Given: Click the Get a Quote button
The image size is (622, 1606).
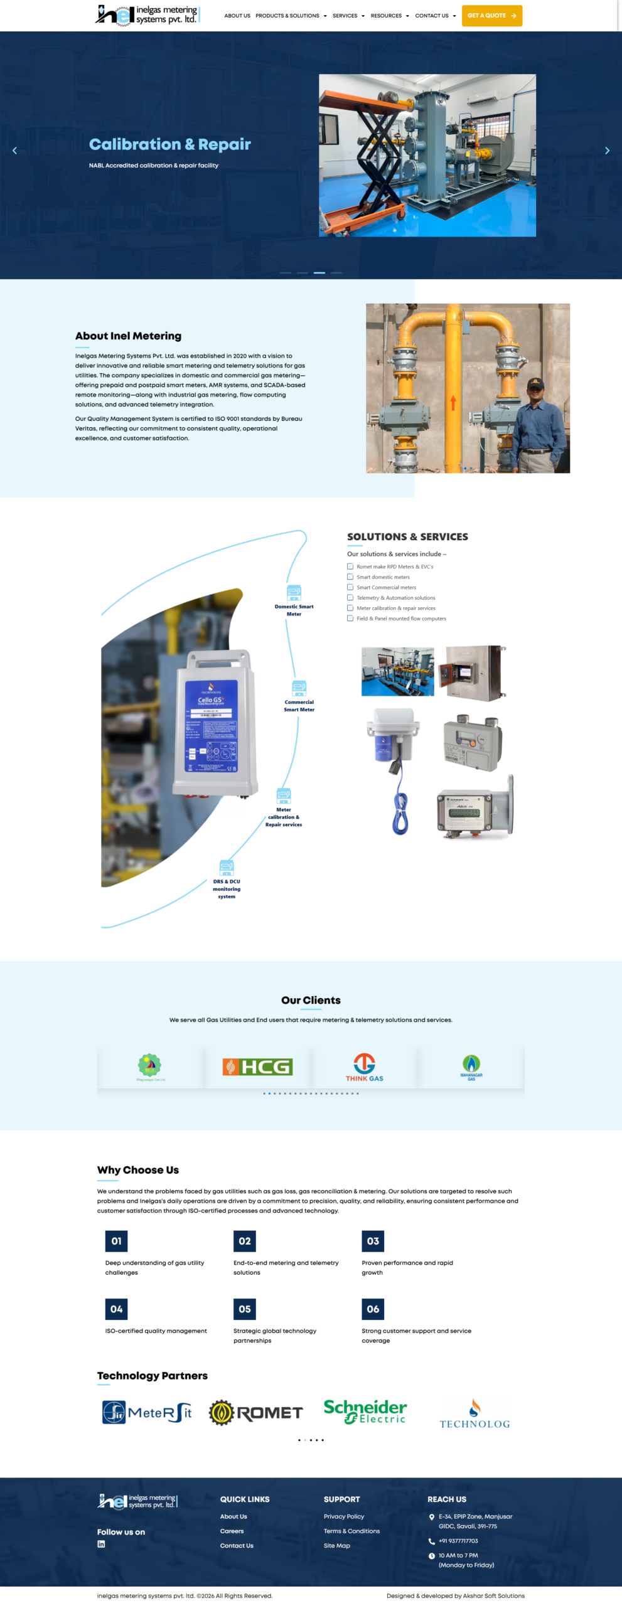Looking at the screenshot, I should pos(491,16).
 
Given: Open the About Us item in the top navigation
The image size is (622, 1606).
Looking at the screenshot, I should pos(237,16).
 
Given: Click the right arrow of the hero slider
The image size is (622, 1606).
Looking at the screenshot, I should pos(607,151).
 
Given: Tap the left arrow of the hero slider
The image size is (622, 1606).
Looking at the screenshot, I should pos(14,151).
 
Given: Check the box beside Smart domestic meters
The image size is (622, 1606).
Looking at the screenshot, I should pos(350,577).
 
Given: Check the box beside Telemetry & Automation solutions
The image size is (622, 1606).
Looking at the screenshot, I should pos(350,597).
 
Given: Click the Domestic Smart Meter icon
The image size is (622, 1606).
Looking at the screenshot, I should pos(294,592).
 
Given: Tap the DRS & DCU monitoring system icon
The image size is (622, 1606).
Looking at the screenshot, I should pos(227,868).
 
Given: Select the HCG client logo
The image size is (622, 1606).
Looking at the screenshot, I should pos(257,1066).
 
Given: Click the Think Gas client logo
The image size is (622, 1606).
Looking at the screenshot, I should pos(364,1066).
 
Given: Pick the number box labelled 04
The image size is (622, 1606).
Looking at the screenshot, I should pos(116,1309).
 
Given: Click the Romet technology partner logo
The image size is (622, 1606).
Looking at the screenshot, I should pos(256,1413).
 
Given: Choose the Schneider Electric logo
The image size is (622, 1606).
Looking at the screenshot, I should pos(365,1411).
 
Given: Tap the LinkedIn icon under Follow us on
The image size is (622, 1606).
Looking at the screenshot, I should pos(101,1544).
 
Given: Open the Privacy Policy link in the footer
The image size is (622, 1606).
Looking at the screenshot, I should pos(344,1516).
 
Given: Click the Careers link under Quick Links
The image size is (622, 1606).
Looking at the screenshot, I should pos(232,1531).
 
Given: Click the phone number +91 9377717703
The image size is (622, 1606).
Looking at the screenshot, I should pos(458,1541).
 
